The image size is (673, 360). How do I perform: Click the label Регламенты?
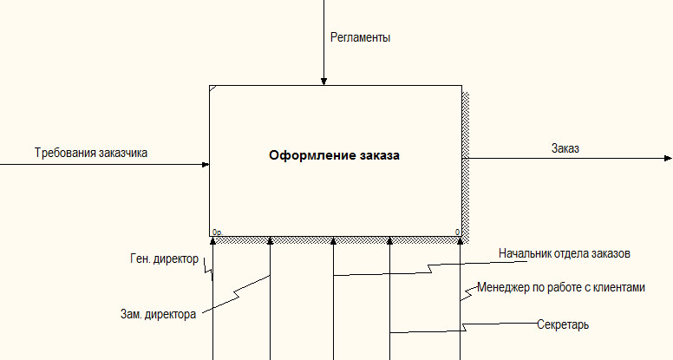tap(360, 38)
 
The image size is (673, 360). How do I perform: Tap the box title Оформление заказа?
tap(334, 155)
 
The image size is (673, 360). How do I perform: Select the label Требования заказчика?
tap(91, 154)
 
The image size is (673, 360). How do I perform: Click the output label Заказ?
tap(565, 148)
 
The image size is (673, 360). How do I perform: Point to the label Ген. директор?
tap(165, 259)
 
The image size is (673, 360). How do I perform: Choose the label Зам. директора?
tap(158, 315)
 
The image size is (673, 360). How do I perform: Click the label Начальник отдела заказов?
tap(565, 253)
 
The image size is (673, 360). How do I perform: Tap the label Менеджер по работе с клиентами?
tap(561, 287)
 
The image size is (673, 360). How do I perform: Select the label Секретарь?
tap(563, 324)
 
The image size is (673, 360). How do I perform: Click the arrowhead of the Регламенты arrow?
tap(324, 82)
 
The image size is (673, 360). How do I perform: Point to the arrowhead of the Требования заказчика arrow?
tap(206, 164)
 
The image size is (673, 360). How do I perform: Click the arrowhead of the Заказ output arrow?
tap(668, 159)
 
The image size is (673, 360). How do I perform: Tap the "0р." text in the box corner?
tap(217, 232)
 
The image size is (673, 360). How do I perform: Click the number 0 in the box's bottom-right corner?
tap(458, 232)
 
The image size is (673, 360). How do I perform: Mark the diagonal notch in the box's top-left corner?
tap(212, 88)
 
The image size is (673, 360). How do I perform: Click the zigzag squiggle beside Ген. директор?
tap(208, 270)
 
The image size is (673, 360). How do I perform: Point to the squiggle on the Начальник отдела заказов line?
tap(430, 269)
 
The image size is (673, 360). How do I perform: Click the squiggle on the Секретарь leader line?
tap(463, 327)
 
